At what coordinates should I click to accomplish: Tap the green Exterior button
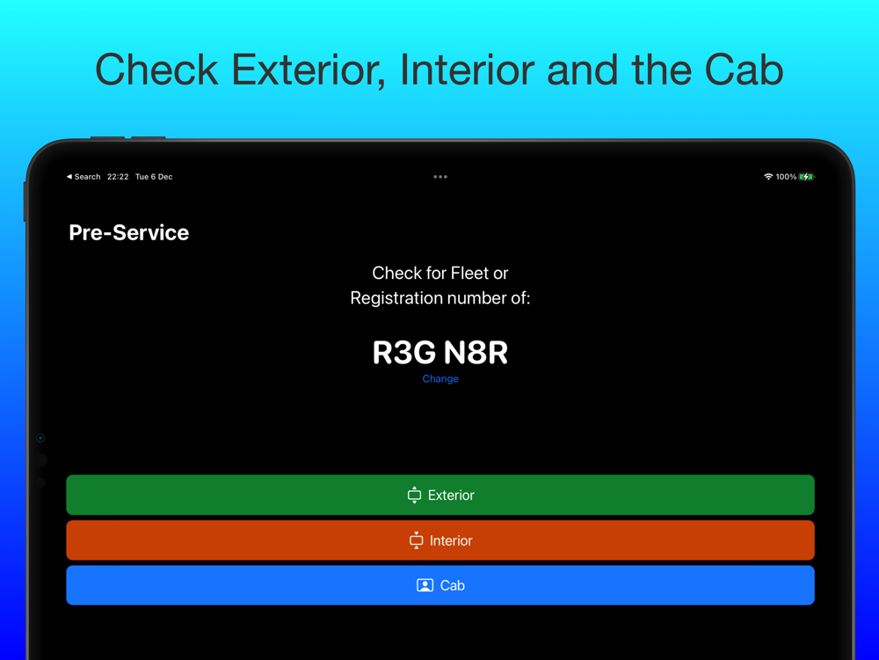click(x=440, y=495)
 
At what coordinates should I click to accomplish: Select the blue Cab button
click(x=440, y=585)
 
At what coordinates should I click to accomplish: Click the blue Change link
click(x=440, y=378)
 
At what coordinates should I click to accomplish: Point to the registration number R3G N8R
click(x=440, y=353)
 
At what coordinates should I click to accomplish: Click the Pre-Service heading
click(x=129, y=233)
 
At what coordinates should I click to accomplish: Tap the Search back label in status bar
click(x=84, y=177)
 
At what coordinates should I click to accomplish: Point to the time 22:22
click(x=118, y=177)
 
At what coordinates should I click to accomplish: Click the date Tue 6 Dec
click(x=154, y=177)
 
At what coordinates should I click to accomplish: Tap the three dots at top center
click(x=440, y=177)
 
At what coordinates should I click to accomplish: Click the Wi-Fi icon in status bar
click(x=768, y=177)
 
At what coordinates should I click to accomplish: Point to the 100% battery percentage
click(x=786, y=177)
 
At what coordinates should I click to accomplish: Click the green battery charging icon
click(x=807, y=177)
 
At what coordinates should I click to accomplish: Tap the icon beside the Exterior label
click(x=414, y=495)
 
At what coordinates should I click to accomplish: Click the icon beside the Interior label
click(x=416, y=540)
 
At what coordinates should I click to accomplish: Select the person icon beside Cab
click(x=425, y=585)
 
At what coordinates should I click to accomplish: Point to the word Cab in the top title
click(x=744, y=70)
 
